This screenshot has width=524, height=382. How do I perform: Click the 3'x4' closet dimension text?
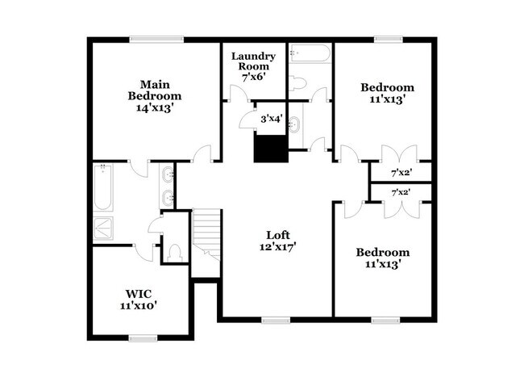coord(270,119)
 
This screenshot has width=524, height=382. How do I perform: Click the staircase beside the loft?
coord(206,234)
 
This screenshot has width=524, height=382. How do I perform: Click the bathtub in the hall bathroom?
coord(310,56)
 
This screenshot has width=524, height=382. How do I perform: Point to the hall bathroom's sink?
coord(294,124)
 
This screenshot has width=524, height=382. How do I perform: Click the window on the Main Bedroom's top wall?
coord(156,39)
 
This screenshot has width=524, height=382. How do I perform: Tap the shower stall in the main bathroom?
coord(104,227)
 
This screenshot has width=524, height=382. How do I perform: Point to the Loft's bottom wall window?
coord(276,320)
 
